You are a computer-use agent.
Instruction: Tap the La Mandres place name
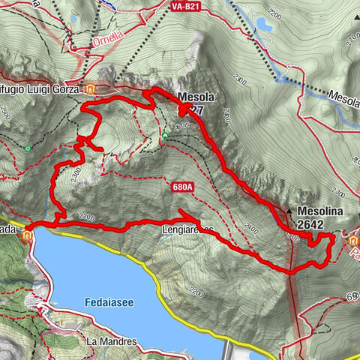112,341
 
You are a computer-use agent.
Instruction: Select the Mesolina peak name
321,211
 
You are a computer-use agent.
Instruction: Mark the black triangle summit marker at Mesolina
289,212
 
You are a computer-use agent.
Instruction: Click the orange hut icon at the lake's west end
27,235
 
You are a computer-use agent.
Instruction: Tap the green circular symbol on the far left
28,148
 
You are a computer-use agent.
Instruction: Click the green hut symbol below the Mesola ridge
165,135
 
